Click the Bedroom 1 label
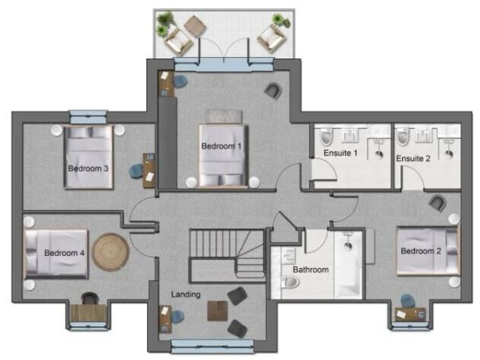click(x=221, y=146)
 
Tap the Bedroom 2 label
click(x=421, y=251)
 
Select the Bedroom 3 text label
click(x=88, y=168)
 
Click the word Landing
click(x=187, y=294)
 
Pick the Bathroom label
click(x=311, y=270)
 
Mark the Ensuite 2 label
click(x=413, y=159)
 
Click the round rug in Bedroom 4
click(x=111, y=252)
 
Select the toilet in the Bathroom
click(x=289, y=282)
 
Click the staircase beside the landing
click(x=225, y=253)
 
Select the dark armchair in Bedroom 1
click(x=272, y=91)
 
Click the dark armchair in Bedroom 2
click(x=438, y=202)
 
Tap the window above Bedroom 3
click(x=88, y=116)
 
